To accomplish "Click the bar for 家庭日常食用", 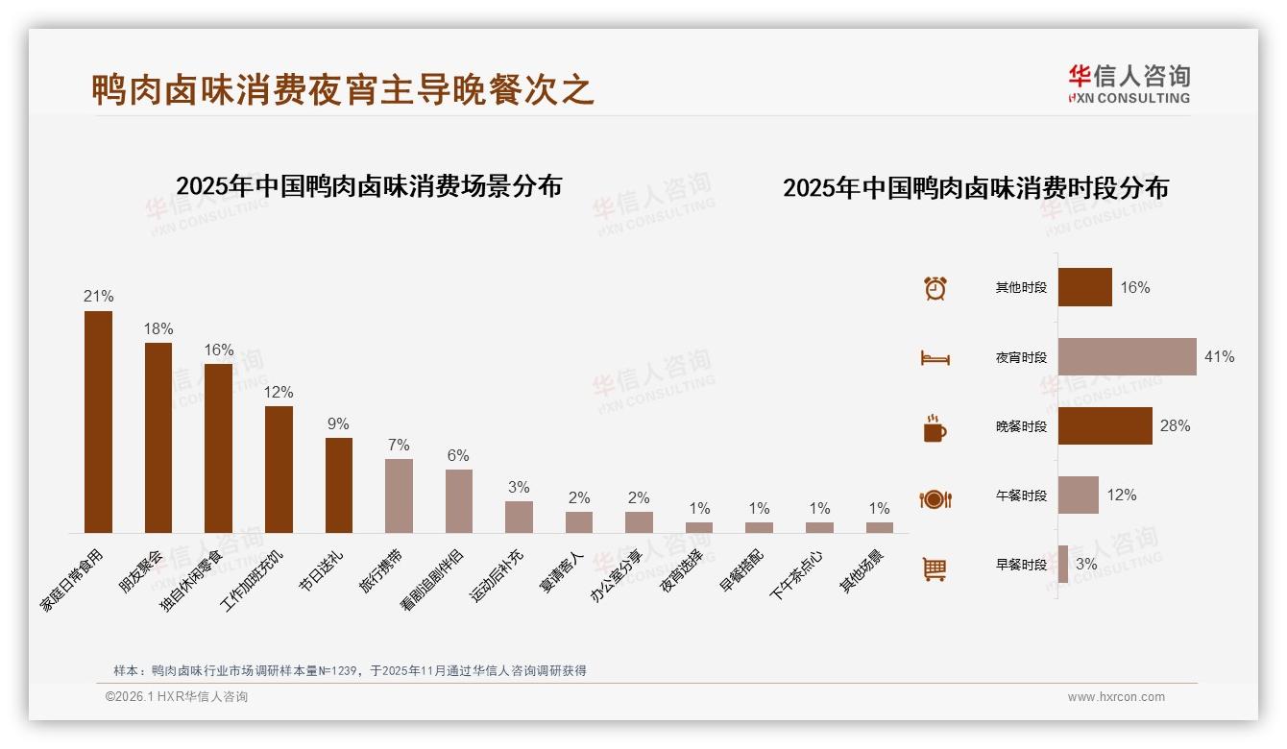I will point(98,422).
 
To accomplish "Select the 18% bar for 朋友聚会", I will point(158,437).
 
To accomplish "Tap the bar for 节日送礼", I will point(339,485).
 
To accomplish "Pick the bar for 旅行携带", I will point(399,495).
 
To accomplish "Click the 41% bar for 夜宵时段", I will point(1127,356).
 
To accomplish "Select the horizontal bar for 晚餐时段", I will point(1105,425).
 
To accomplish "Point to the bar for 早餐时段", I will point(1063,564).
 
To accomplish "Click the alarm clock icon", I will point(935,288).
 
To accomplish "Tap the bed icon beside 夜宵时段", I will point(935,358).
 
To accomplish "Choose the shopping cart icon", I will point(935,568).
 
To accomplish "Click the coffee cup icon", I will point(935,428).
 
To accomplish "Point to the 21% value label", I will point(98,296).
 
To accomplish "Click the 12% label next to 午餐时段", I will point(1121,495).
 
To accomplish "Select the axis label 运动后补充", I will point(498,575).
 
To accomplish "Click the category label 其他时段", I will point(1020,287).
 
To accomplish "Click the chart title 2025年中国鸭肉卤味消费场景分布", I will point(369,186).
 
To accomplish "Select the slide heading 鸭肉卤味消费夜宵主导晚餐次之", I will point(343,89).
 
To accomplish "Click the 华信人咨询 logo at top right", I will point(1129,84).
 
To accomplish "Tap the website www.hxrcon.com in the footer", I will point(1115,697).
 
